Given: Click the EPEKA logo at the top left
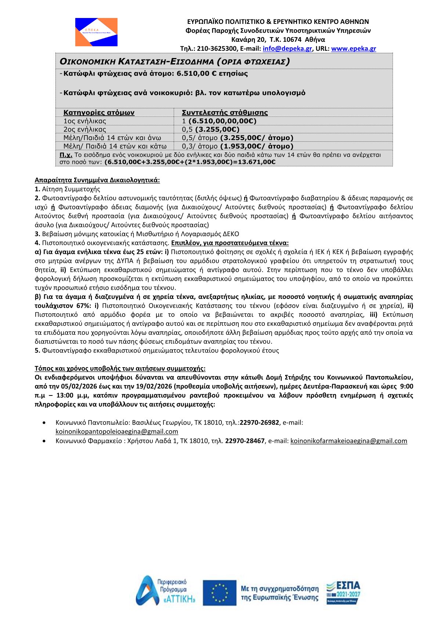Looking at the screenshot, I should tap(96, 32).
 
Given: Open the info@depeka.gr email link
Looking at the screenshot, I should tap(287, 48).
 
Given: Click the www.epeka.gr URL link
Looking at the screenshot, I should tap(353, 48).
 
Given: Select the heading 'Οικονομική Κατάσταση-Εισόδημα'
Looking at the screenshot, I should tap(174, 61).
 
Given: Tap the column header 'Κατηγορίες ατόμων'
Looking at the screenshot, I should tap(99, 112).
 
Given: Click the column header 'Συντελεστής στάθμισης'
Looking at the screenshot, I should tap(225, 112).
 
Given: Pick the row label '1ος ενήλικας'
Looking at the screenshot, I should tap(85, 121).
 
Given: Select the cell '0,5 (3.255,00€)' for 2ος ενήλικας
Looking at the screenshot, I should tap(210, 129).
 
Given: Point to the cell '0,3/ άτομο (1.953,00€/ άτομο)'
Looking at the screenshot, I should tap(238, 146).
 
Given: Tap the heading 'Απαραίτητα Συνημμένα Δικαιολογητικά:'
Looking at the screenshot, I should tap(97, 180).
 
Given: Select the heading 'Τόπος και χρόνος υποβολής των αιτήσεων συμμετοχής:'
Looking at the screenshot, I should tap(120, 368).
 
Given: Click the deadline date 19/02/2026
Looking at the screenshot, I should tap(156, 386).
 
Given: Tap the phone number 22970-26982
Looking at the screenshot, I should tap(259, 422).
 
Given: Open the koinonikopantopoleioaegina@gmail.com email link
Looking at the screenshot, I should tap(117, 431).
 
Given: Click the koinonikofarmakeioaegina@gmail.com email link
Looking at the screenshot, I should tap(348, 441).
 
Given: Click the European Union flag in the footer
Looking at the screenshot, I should tap(220, 593).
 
